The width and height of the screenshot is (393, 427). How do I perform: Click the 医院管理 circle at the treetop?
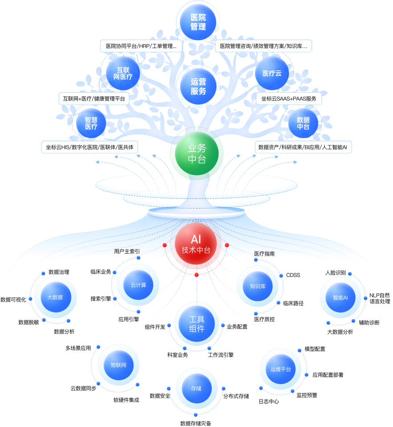pyautogui.click(x=198, y=22)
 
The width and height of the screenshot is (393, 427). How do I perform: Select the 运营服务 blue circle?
pyautogui.click(x=198, y=86)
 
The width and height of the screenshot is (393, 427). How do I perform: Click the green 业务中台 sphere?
pyautogui.click(x=197, y=154)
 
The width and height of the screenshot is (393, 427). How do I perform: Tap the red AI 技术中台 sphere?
pyautogui.click(x=196, y=245)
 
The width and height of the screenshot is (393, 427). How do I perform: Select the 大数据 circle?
pyautogui.click(x=55, y=297)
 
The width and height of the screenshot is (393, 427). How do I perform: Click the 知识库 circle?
pyautogui.click(x=258, y=286)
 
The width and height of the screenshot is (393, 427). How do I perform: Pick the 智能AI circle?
pyautogui.click(x=340, y=297)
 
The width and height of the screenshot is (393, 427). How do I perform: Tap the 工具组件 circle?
pyautogui.click(x=197, y=324)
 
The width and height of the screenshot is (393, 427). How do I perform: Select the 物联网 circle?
pyautogui.click(x=118, y=365)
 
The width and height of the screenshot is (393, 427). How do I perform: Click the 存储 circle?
pyautogui.click(x=196, y=388)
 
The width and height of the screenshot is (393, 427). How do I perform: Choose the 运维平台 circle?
pyautogui.click(x=280, y=369)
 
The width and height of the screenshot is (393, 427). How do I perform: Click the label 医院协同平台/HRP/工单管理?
pyautogui.click(x=141, y=46)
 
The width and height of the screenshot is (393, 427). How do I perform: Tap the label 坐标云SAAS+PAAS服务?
pyautogui.click(x=289, y=99)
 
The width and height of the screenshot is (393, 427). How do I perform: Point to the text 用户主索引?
pyautogui.click(x=127, y=252)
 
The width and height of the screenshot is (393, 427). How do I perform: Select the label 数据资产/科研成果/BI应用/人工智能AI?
pyautogui.click(x=303, y=147)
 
